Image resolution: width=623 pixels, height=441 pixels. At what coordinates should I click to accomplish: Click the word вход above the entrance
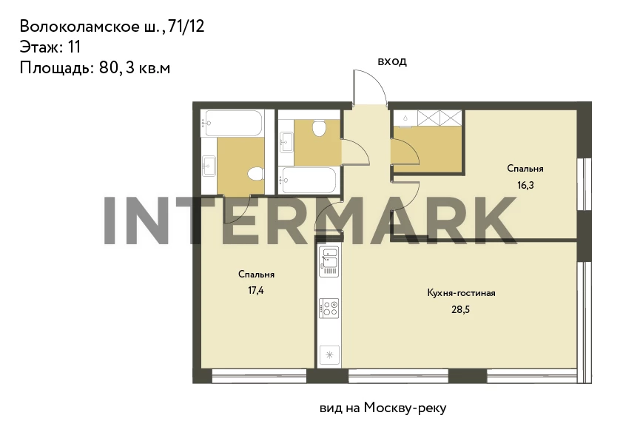pyautogui.click(x=391, y=61)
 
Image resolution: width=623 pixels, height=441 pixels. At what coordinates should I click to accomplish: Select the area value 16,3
pyautogui.click(x=525, y=185)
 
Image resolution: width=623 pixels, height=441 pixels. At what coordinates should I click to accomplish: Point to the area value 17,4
pyautogui.click(x=256, y=291)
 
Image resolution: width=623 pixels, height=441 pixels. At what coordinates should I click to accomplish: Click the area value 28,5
pyautogui.click(x=460, y=309)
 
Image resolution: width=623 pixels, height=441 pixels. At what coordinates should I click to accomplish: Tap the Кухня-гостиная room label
pyautogui.click(x=461, y=293)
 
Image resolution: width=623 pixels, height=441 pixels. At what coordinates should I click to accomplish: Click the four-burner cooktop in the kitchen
pyautogui.click(x=329, y=309)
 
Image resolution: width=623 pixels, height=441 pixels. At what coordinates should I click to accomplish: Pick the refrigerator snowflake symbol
pyautogui.click(x=329, y=354)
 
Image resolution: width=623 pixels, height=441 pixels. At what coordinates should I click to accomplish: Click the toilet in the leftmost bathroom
pyautogui.click(x=256, y=174)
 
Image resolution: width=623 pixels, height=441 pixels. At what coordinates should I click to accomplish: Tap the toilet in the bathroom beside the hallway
pyautogui.click(x=319, y=128)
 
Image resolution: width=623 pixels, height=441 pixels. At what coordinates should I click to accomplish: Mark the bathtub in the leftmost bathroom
pyautogui.click(x=232, y=123)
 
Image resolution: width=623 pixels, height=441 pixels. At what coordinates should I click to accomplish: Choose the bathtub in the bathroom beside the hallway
pyautogui.click(x=308, y=181)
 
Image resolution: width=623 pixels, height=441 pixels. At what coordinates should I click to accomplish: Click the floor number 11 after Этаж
pyautogui.click(x=74, y=47)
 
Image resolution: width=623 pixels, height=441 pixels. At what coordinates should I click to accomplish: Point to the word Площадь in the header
pyautogui.click(x=56, y=68)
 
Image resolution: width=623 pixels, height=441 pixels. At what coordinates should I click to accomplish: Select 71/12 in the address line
pyautogui.click(x=186, y=26)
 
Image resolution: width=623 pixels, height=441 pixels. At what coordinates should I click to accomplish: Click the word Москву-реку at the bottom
pyautogui.click(x=405, y=408)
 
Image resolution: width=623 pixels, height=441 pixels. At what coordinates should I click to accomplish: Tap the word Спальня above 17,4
pyautogui.click(x=256, y=275)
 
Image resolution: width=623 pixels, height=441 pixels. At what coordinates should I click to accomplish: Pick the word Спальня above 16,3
pyautogui.click(x=525, y=169)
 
